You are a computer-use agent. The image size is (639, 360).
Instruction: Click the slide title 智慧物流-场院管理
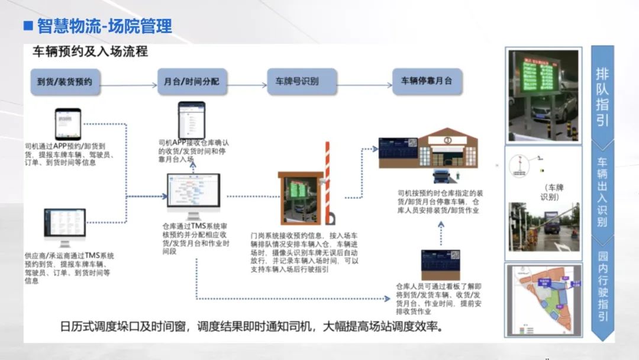[x=104, y=26]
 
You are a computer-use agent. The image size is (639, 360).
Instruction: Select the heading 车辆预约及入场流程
[x=90, y=52]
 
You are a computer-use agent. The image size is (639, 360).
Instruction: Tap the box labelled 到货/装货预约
[x=65, y=81]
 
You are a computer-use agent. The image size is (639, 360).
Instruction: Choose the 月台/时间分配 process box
[x=192, y=81]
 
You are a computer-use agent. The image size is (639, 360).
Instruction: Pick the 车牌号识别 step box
[x=302, y=81]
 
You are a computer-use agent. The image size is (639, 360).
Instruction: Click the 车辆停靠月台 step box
[x=427, y=81]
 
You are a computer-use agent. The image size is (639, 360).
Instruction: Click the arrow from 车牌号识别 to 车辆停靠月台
[x=364, y=85]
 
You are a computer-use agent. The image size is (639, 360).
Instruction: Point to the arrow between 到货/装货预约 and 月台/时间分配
[x=127, y=85]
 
